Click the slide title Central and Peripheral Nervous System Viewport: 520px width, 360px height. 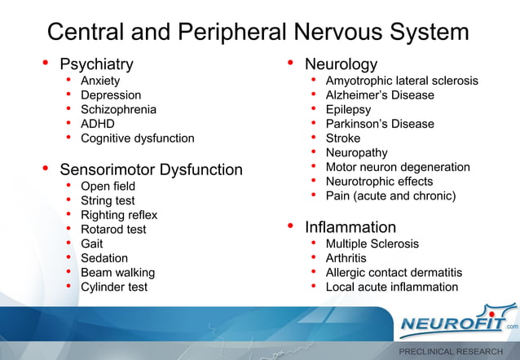258,32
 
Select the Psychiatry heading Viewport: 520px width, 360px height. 96,64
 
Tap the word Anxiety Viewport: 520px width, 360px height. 100,81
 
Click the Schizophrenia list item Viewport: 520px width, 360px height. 118,109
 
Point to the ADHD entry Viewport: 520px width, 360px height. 97,124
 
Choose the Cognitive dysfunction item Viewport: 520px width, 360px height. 137,138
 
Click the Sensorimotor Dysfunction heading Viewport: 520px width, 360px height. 151,169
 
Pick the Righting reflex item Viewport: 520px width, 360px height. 119,215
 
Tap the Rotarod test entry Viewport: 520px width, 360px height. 113,230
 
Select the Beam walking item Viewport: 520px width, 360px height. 117,273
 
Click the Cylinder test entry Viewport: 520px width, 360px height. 114,287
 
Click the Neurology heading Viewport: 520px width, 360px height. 341,64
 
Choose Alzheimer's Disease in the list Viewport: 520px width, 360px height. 380,95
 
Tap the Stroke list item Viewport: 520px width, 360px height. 342,138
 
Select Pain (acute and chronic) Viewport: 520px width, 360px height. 390,195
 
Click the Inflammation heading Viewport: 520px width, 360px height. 350,227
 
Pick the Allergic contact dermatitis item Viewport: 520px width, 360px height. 394,273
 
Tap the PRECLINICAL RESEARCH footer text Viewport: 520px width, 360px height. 450,351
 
